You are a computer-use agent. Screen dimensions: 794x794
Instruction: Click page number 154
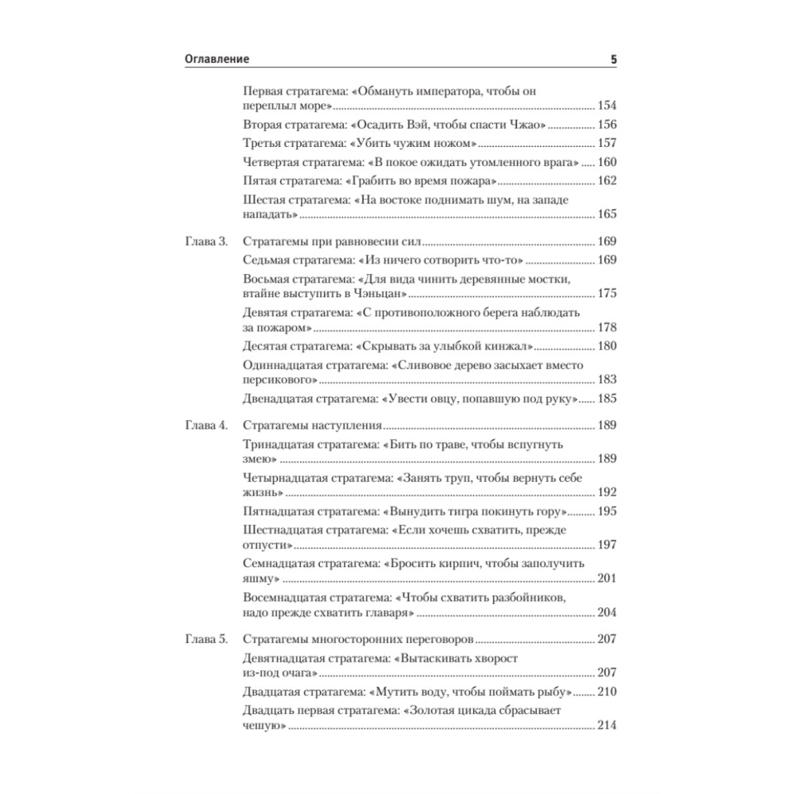[x=607, y=106]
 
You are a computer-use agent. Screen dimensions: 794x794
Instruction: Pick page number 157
[x=607, y=144]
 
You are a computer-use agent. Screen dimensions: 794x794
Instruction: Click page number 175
[x=607, y=294]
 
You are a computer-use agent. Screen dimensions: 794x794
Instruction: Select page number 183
[x=607, y=380]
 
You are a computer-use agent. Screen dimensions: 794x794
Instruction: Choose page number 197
[x=607, y=545]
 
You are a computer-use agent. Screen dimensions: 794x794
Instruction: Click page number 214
[x=607, y=726]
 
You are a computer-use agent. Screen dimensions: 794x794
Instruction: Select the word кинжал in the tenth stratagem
[x=507, y=347]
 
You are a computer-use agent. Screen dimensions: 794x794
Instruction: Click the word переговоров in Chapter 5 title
[x=437, y=638]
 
